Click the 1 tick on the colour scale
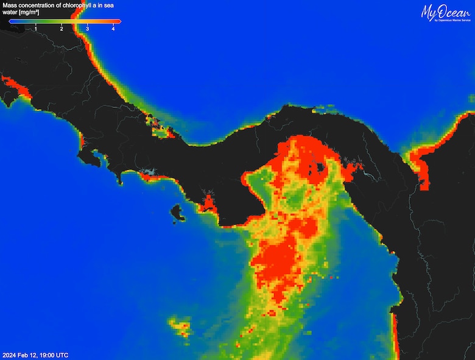coord(35,28)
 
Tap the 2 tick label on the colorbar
coord(62,28)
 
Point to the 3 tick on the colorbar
coord(88,28)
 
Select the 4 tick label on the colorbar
coord(113,28)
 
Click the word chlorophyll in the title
coord(81,5)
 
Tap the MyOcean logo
coord(445,11)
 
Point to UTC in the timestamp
coord(62,355)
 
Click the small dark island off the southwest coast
coord(177,213)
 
